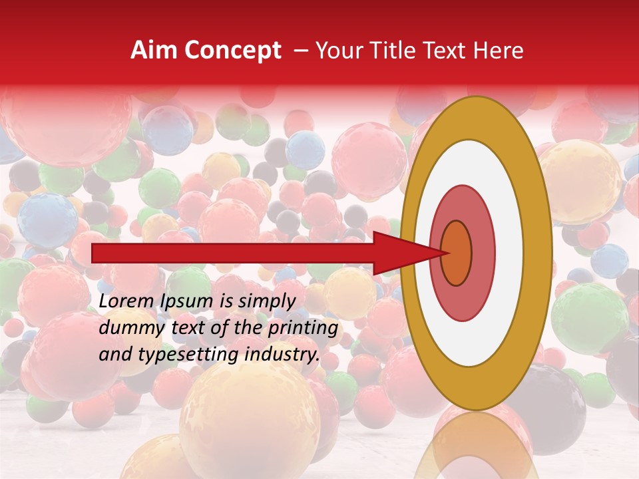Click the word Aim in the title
click(154, 51)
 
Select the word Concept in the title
click(232, 51)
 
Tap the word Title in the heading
click(396, 51)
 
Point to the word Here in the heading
click(499, 51)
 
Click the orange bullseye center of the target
click(456, 253)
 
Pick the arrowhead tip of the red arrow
click(447, 253)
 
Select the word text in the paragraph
click(180, 328)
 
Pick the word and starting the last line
click(114, 355)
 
